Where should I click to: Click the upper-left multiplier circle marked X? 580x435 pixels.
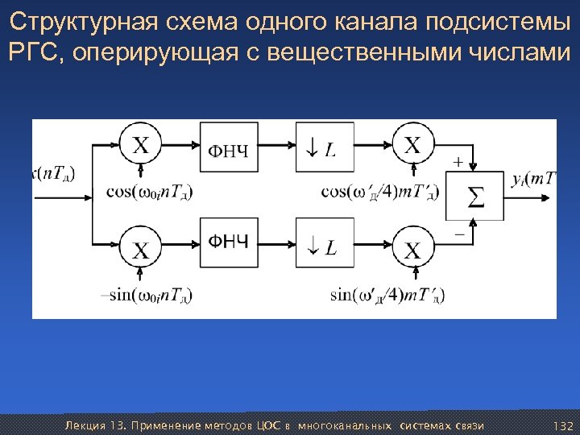(141, 147)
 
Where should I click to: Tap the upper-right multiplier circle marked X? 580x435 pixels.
(412, 147)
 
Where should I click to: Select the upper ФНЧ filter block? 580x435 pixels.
(230, 147)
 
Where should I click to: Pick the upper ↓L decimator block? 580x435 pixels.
(325, 147)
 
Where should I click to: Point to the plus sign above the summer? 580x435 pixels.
(458, 162)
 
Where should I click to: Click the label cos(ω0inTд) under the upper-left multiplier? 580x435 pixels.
(149, 192)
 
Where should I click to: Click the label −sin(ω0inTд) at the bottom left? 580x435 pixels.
(146, 294)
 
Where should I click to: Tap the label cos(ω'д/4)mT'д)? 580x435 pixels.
(380, 192)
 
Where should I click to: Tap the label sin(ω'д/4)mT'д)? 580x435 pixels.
(387, 294)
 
